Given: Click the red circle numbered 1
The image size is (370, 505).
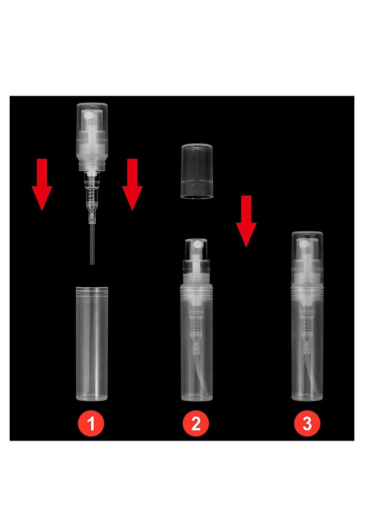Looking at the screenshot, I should [x=91, y=424].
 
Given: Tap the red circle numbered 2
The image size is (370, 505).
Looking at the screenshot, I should [x=196, y=424].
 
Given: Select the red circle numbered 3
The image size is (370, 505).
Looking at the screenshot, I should [x=307, y=424].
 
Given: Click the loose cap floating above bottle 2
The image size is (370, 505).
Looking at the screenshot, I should [x=197, y=171].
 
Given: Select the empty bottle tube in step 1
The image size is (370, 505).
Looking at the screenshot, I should [x=92, y=347].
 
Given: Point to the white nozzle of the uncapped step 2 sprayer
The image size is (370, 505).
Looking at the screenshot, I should [x=197, y=244].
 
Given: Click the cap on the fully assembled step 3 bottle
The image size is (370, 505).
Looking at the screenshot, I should [x=307, y=259].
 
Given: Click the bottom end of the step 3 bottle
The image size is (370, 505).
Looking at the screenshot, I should [x=307, y=397].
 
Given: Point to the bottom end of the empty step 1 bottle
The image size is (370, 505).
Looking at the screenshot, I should [x=92, y=397].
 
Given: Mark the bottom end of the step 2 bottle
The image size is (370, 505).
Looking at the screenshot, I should [x=197, y=397].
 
